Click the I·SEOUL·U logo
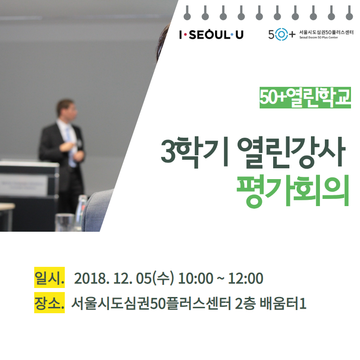click(x=211, y=35)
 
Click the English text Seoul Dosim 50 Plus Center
click(x=319, y=37)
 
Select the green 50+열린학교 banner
click(x=305, y=98)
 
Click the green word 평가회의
click(x=293, y=191)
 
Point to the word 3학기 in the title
click(x=180, y=152)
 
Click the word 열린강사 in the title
click(x=291, y=152)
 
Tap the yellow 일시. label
click(x=49, y=277)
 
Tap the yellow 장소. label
click(x=49, y=302)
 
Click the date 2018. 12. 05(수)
click(x=124, y=278)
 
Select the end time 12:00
click(x=246, y=278)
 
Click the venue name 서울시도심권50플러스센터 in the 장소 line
click(x=151, y=303)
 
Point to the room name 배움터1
click(x=283, y=303)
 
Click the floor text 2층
click(x=245, y=303)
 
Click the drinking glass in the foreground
click(x=65, y=222)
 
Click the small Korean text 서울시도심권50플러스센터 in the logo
click(x=326, y=32)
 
